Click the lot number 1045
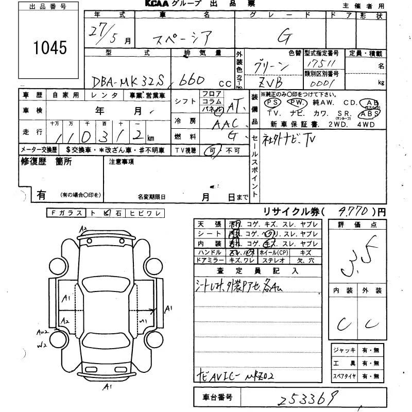[50, 47]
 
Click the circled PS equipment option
[272, 102]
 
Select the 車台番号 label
[215, 398]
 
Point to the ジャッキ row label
[344, 350]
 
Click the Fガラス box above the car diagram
[65, 213]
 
